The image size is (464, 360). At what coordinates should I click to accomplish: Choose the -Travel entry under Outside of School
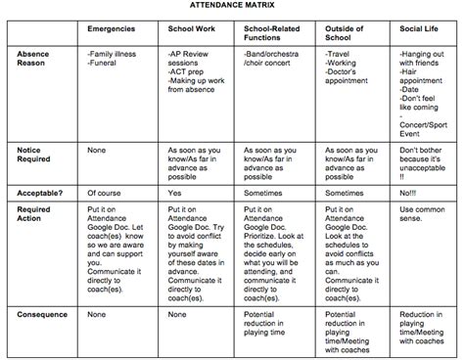339,62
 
